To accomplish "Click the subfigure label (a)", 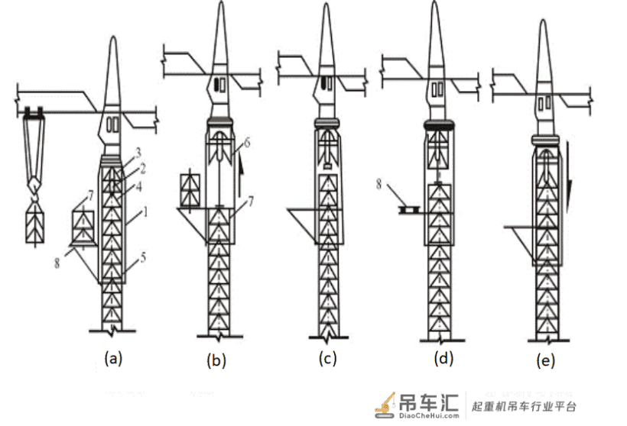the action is coord(112,358).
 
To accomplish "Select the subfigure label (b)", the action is coord(216,360).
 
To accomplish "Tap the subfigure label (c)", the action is coord(327,358).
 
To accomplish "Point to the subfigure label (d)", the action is coord(443,358).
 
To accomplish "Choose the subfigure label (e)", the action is coord(546,360).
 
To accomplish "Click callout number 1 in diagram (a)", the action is coord(145,212).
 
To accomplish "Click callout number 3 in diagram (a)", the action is coord(138,153).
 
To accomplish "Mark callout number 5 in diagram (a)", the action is coord(143,257).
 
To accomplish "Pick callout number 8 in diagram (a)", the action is coord(57,263).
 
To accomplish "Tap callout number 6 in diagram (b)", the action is coord(247,142).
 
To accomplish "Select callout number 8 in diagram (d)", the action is coord(378,184).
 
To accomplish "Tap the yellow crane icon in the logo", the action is coord(385,405).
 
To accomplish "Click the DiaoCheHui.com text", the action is coord(429,415).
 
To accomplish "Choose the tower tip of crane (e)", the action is coord(543,21).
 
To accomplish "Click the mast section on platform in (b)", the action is coord(190,191).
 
